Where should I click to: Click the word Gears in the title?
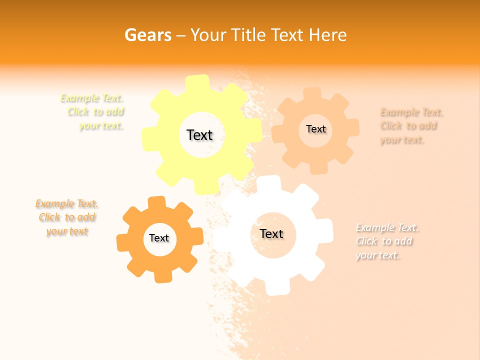(148, 35)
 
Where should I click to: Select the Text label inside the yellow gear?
(199, 135)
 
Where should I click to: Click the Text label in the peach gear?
(315, 129)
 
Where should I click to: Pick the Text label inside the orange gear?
(159, 238)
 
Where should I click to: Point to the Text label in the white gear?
(271, 233)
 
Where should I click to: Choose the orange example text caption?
(66, 217)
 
